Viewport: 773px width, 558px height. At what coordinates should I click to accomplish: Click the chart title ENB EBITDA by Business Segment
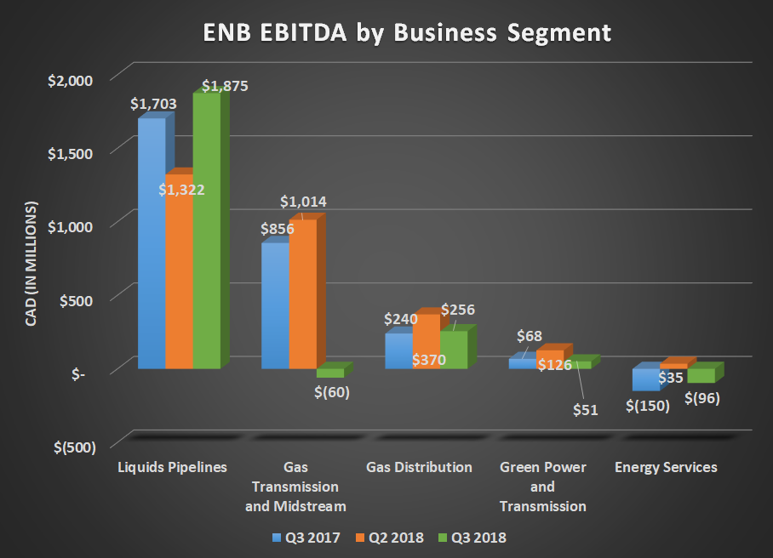coord(406,33)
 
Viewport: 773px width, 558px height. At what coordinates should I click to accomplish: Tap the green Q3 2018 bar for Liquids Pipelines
coord(206,230)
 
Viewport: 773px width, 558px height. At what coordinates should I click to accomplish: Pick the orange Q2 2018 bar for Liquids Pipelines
coord(179,281)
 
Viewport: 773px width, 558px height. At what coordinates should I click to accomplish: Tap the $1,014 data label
coord(304,202)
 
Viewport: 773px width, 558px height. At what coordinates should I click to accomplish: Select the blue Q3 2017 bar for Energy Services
coord(644,379)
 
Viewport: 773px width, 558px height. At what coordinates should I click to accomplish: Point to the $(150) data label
coord(648,406)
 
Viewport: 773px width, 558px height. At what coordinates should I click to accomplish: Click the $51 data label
coord(585,409)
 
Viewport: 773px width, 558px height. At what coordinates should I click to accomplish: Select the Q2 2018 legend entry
coord(390,538)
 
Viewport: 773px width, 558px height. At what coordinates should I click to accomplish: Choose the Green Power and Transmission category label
coord(542,487)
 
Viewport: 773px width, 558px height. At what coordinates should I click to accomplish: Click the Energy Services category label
coord(666,467)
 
